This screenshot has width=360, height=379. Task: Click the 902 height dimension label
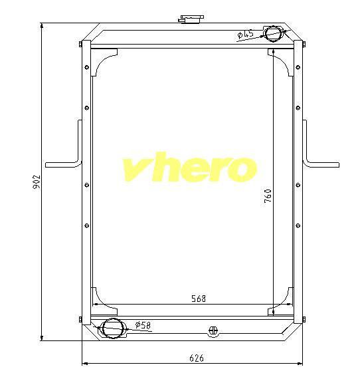coord(37,182)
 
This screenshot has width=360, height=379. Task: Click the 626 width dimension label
coord(197,358)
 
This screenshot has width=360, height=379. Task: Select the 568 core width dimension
coord(199,299)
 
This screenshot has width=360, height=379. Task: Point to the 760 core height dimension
coord(268,195)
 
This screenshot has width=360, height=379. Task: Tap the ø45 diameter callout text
coord(245,34)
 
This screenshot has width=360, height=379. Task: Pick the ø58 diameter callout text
coord(143,325)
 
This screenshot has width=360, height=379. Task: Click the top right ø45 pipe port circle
coord(273,34)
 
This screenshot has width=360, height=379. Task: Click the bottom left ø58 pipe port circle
coord(113,328)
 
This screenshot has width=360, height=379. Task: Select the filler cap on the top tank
coord(191,19)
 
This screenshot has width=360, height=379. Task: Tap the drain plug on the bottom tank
coord(213,330)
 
